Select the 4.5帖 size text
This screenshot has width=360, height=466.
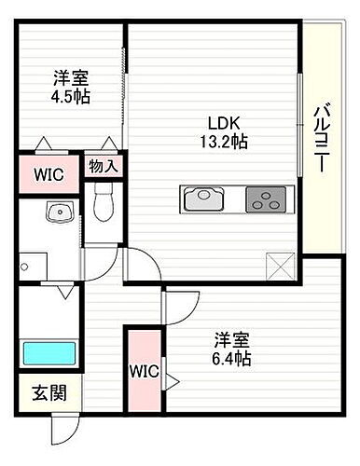coord(71,96)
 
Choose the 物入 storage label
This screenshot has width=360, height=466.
coord(103,166)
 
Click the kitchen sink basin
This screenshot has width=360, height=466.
coord(203,199)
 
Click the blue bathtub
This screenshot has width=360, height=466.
coord(48,355)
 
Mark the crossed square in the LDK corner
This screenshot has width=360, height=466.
coord(280,267)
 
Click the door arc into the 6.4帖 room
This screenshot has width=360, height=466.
coord(179,304)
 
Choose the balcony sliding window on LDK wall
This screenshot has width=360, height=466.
coord(298,121)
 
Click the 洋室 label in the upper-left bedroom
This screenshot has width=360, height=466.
coord(71,77)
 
